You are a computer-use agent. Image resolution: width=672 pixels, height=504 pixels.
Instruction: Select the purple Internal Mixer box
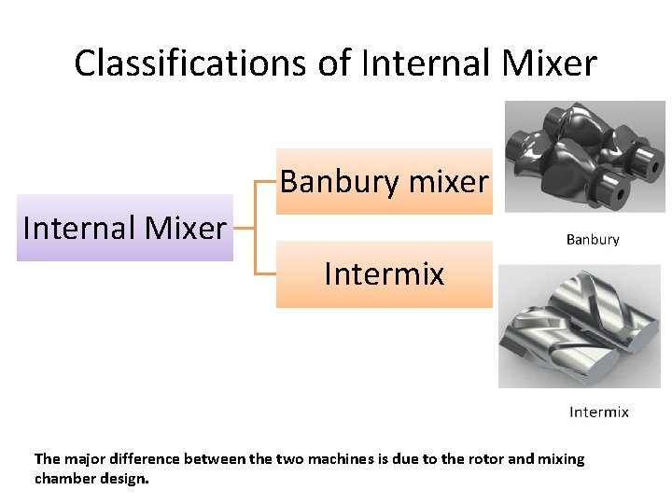click(x=124, y=228)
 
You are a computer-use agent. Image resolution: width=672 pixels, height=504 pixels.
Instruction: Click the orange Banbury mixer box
click(x=384, y=181)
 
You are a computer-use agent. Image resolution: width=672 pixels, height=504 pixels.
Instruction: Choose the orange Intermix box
click(x=384, y=274)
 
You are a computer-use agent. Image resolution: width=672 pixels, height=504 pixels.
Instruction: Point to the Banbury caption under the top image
click(x=593, y=240)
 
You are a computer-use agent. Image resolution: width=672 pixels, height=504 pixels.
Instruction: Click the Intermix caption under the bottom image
click(x=599, y=412)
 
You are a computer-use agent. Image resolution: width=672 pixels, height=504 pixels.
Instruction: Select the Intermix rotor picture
click(x=579, y=326)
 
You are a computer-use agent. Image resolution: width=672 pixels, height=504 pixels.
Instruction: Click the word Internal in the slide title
click(x=423, y=63)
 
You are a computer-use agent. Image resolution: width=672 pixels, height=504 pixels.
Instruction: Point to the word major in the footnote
click(x=86, y=459)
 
